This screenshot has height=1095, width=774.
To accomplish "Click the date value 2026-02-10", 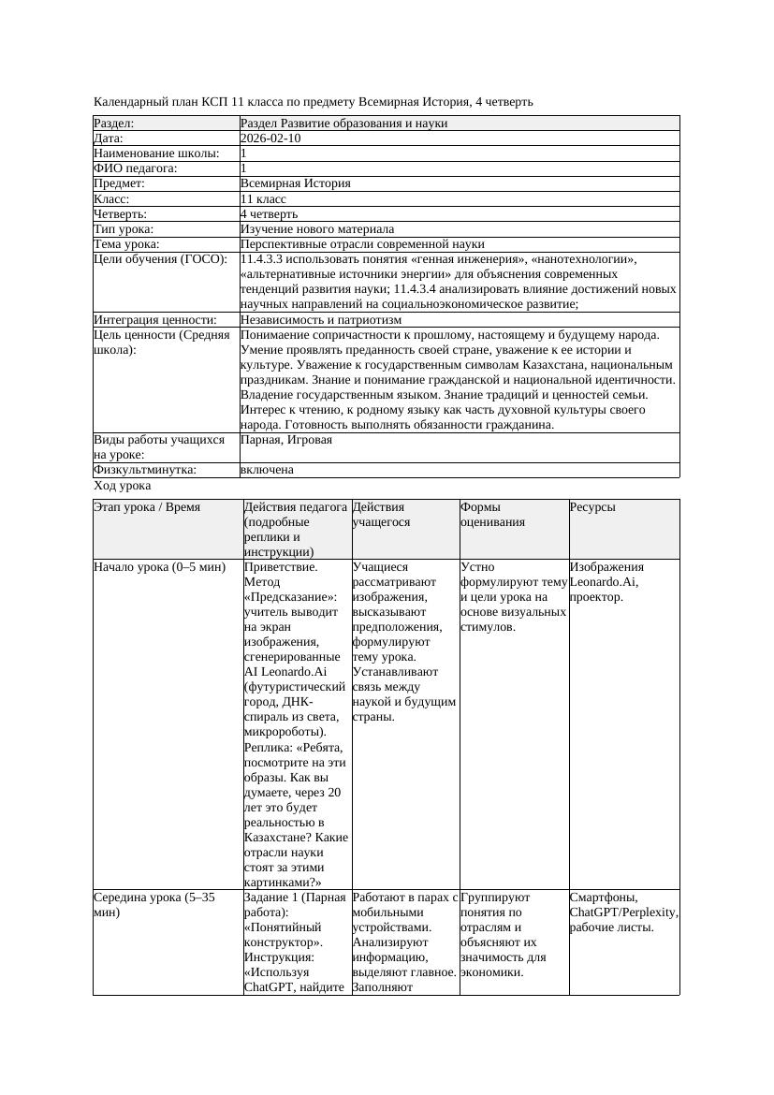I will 270,139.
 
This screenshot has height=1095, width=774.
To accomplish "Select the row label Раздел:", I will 114,124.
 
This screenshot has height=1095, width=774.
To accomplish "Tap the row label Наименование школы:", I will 157,153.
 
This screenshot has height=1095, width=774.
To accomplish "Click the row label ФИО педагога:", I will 136,168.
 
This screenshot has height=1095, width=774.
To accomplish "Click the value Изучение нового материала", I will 317,229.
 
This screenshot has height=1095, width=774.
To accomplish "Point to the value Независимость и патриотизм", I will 321,320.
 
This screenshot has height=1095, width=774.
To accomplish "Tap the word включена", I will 267,470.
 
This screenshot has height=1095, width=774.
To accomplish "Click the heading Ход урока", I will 123,486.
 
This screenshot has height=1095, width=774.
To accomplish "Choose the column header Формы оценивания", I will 492,515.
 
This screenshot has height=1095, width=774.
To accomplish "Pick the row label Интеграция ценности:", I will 155,320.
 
